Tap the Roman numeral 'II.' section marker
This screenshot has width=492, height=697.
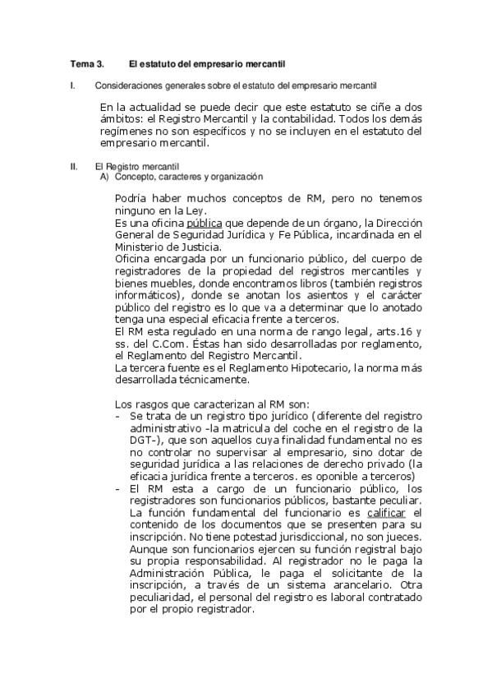click(x=75, y=167)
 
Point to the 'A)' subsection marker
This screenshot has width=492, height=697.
click(x=104, y=177)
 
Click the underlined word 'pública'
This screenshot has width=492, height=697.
click(x=204, y=224)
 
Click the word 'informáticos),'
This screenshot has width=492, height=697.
click(x=150, y=293)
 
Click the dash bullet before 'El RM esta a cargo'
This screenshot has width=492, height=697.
click(x=120, y=490)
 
